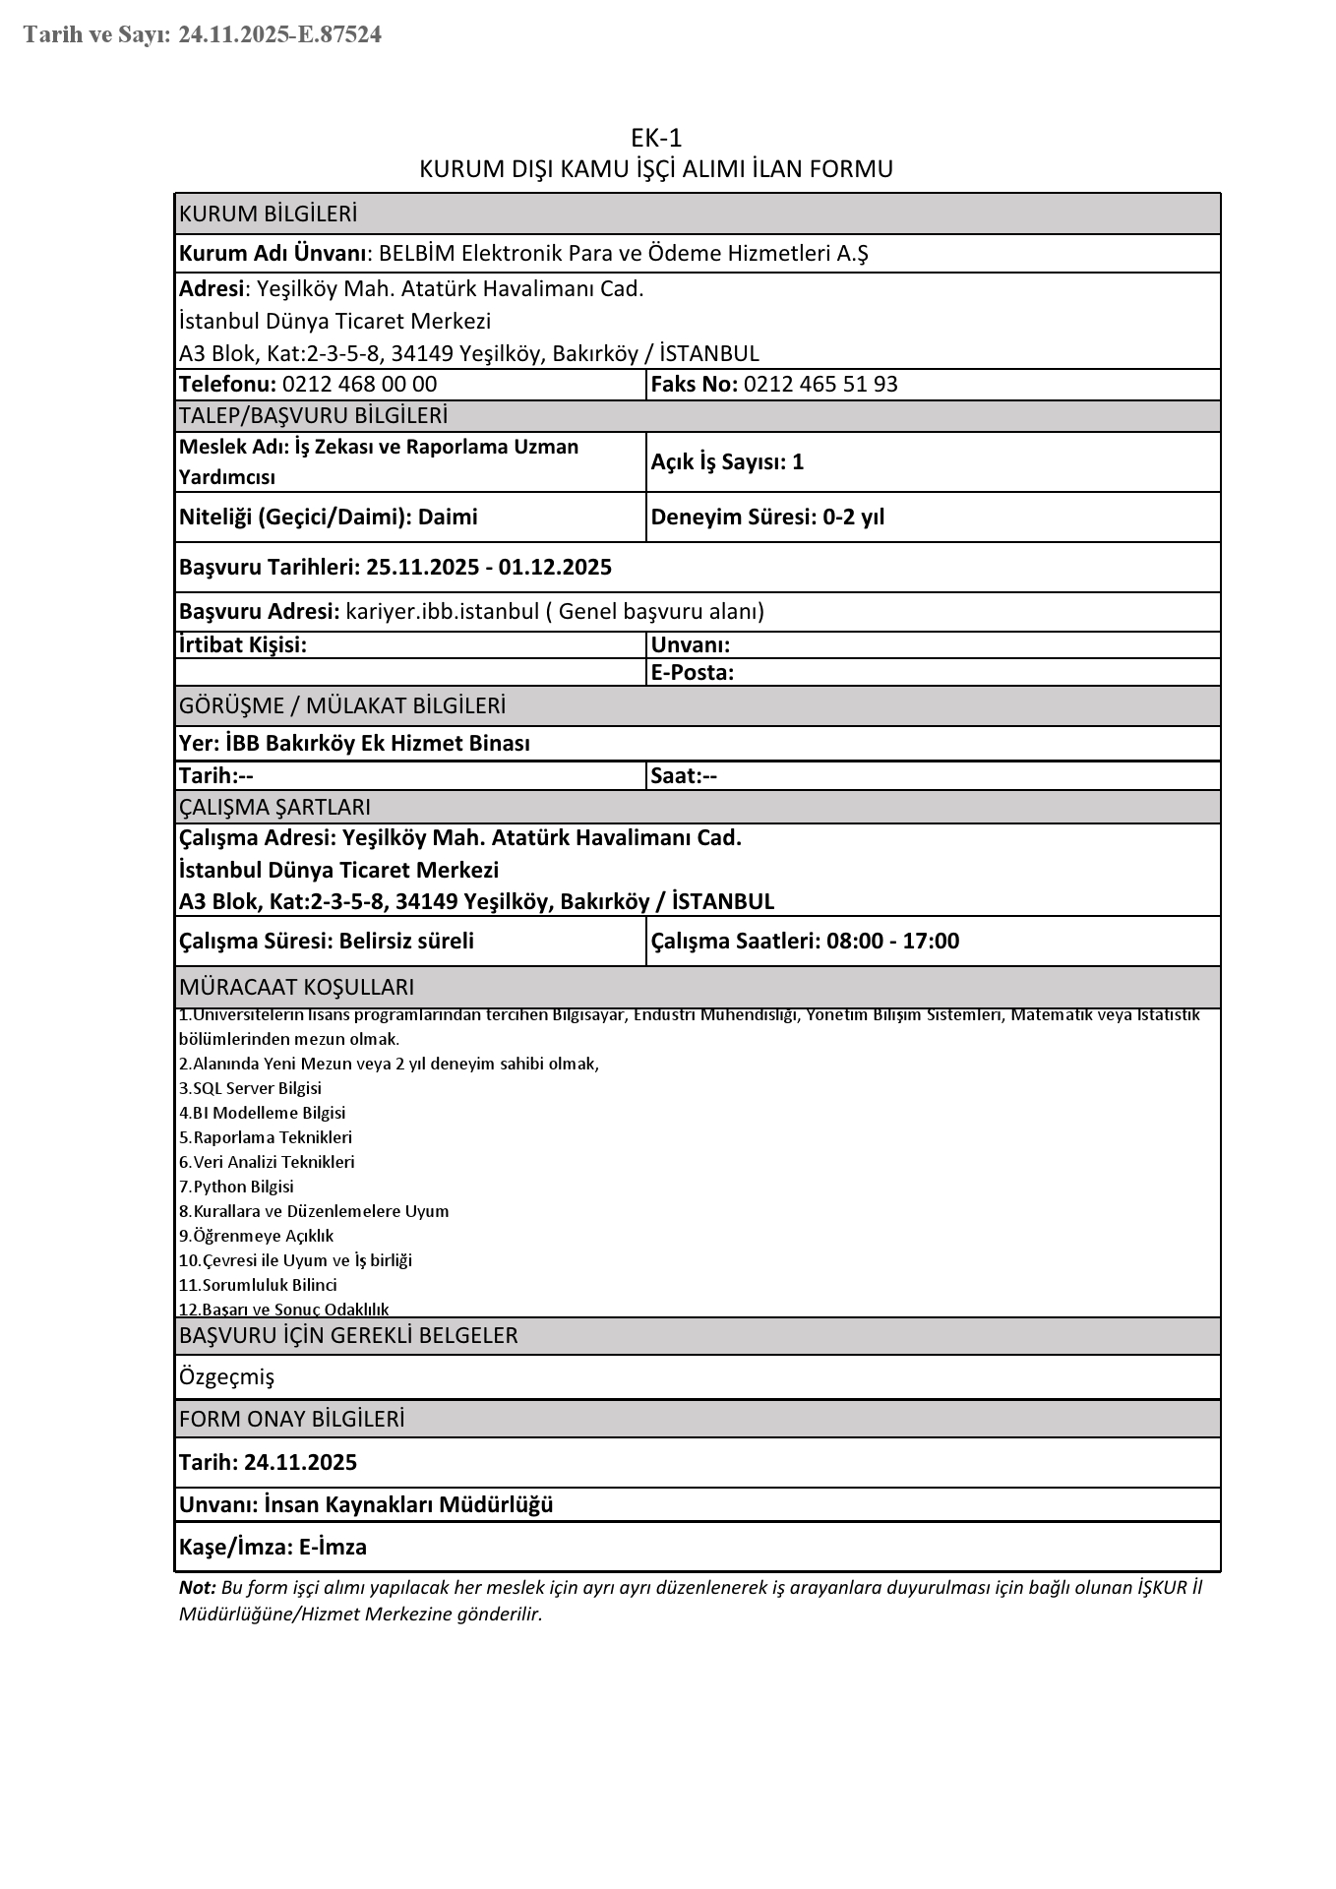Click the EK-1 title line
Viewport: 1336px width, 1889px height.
click(x=656, y=138)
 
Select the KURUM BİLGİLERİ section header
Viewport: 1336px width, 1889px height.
click(x=268, y=213)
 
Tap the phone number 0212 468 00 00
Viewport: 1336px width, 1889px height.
click(x=359, y=384)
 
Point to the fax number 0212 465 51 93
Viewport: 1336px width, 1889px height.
click(x=820, y=384)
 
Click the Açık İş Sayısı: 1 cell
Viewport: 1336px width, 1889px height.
click(x=727, y=461)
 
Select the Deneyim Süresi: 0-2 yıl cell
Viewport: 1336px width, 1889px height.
click(x=767, y=517)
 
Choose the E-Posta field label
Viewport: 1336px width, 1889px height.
click(x=693, y=673)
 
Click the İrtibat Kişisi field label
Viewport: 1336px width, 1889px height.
click(x=243, y=644)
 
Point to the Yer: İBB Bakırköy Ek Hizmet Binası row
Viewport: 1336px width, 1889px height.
click(x=354, y=743)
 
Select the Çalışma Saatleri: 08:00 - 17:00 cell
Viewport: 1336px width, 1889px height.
click(x=805, y=941)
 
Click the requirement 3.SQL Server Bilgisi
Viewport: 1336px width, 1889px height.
click(x=250, y=1088)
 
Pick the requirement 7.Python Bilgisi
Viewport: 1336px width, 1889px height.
click(x=236, y=1187)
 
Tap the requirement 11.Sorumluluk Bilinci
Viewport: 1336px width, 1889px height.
click(x=258, y=1285)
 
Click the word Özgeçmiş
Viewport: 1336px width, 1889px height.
click(x=226, y=1376)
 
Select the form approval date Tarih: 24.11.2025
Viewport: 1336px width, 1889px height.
click(x=268, y=1462)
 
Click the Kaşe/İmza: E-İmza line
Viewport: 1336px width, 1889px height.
click(x=273, y=1547)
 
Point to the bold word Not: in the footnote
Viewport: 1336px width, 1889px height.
click(x=197, y=1588)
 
